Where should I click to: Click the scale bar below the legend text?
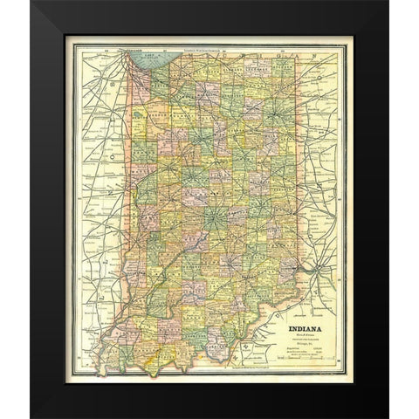[x=306, y=358]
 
